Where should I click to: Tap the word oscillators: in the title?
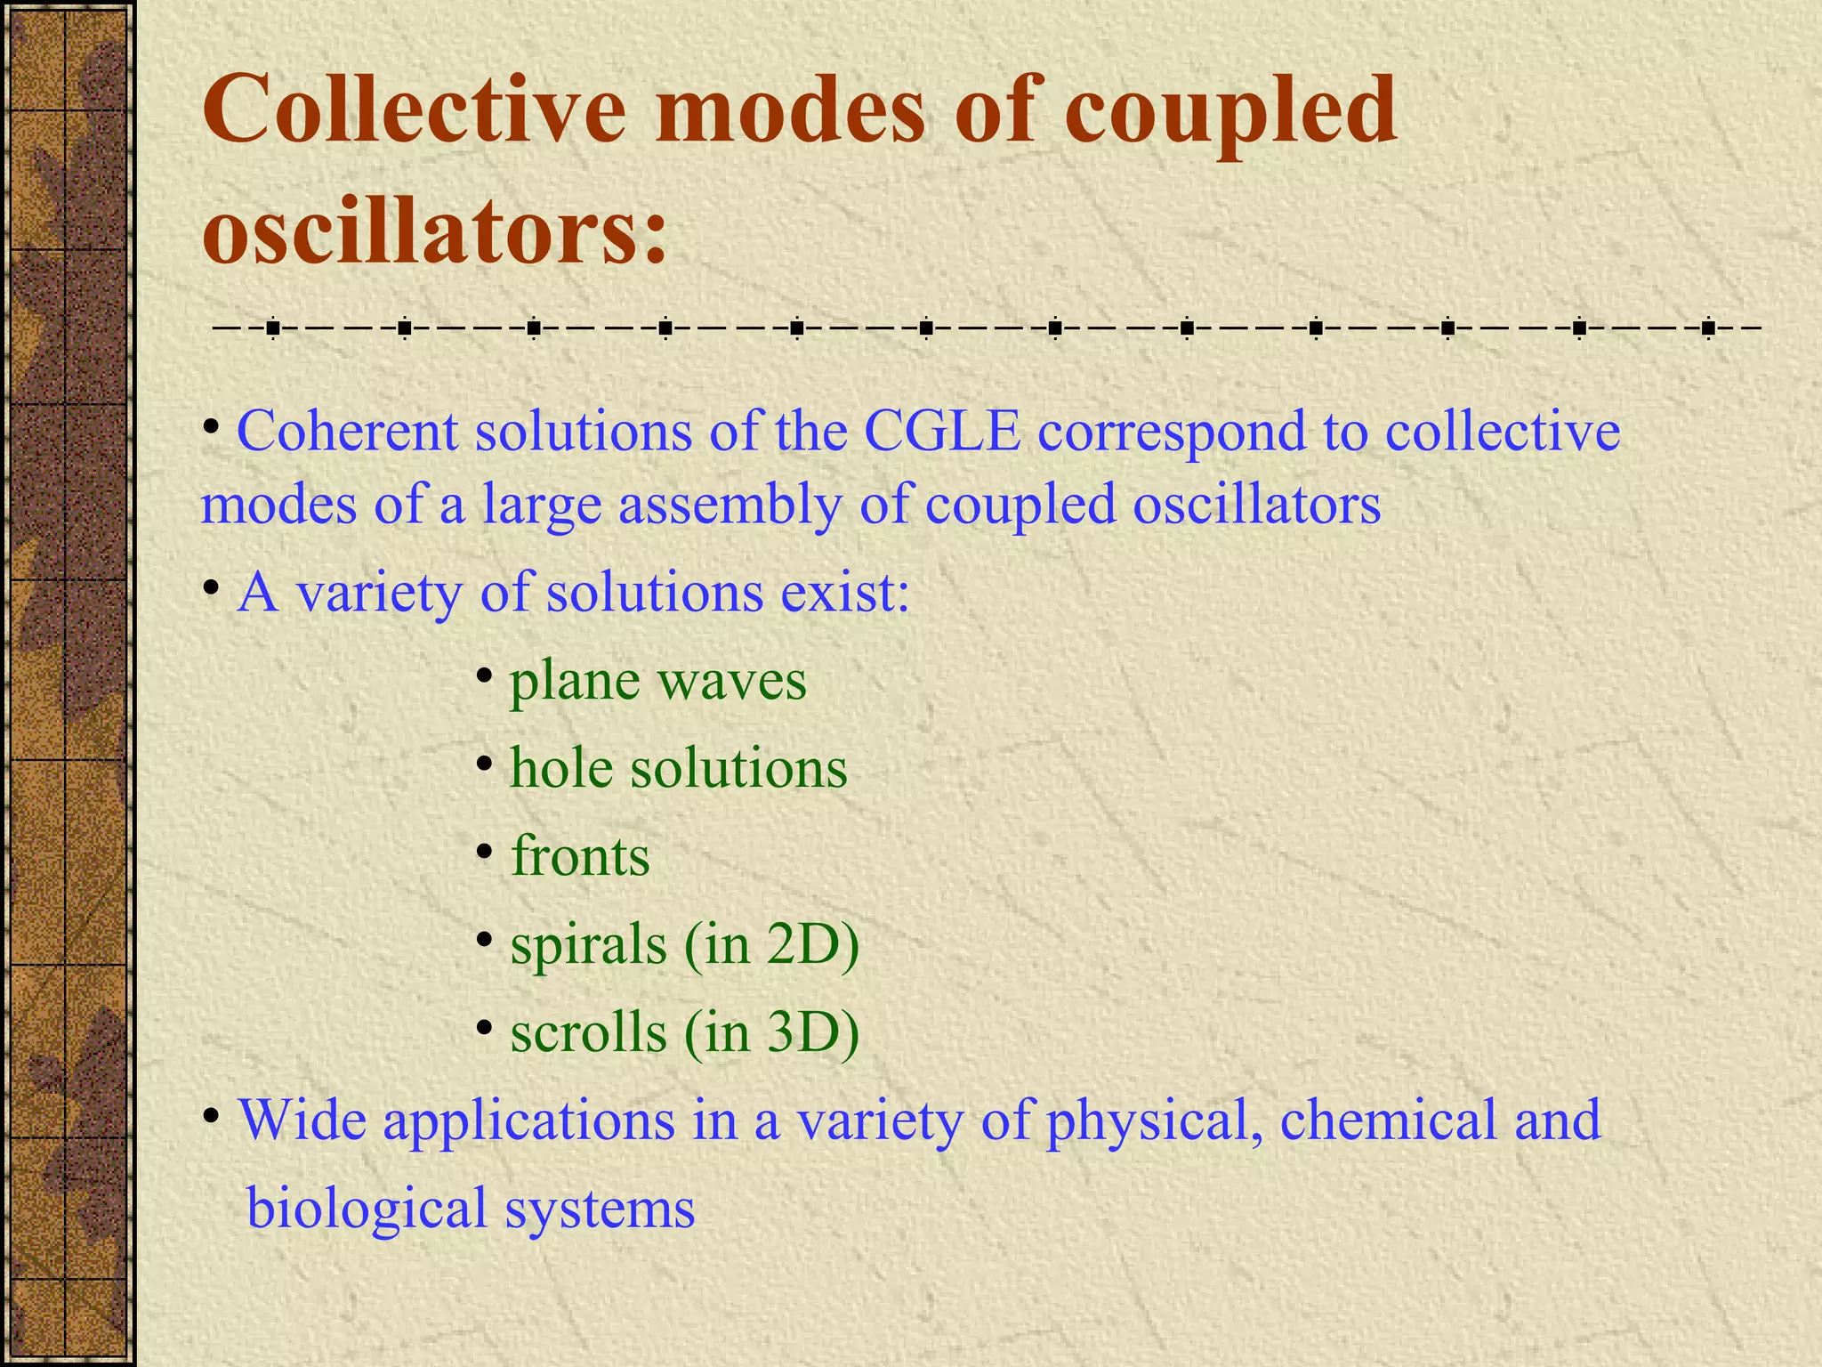pos(435,230)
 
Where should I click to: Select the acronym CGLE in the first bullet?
pos(942,433)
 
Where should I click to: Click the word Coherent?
pos(347,433)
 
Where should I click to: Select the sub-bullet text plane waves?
pos(657,681)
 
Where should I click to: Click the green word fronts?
pos(580,856)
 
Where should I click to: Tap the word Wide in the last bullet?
pos(302,1120)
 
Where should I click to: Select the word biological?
pos(366,1209)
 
